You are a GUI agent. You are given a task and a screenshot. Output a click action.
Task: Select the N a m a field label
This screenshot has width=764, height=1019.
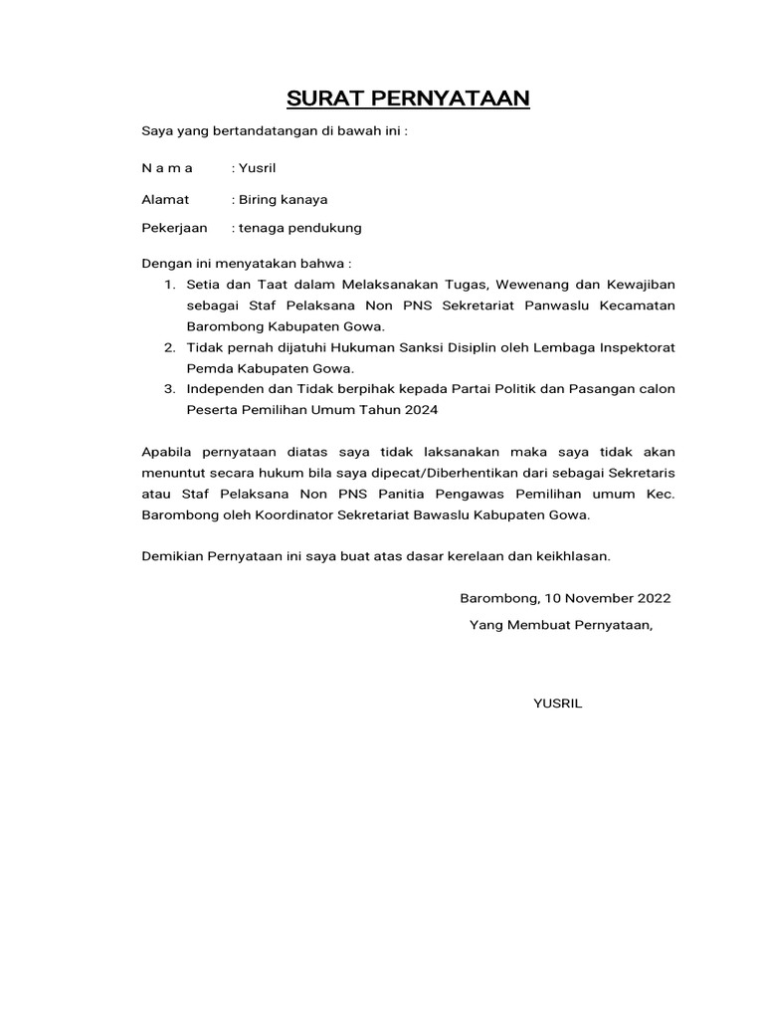pyautogui.click(x=167, y=170)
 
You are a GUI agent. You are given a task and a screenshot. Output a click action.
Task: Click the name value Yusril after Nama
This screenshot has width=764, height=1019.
pyautogui.click(x=260, y=170)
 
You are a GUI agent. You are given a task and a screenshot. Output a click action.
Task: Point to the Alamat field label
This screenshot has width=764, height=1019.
pyautogui.click(x=165, y=199)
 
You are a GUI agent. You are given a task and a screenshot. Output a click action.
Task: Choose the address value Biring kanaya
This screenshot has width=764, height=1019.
pyautogui.click(x=283, y=199)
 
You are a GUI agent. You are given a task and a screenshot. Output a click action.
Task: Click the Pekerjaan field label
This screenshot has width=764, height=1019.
pyautogui.click(x=175, y=228)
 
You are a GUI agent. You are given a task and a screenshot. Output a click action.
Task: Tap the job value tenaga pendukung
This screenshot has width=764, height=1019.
pyautogui.click(x=299, y=228)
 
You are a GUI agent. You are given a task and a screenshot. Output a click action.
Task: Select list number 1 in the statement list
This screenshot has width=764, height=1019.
pyautogui.click(x=169, y=285)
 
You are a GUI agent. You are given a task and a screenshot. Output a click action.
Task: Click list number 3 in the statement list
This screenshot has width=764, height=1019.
pyautogui.click(x=169, y=389)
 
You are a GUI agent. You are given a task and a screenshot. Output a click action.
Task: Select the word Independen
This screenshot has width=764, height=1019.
pyautogui.click(x=224, y=389)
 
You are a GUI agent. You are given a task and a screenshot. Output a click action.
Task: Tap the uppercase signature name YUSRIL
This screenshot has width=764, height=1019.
pyautogui.click(x=558, y=704)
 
